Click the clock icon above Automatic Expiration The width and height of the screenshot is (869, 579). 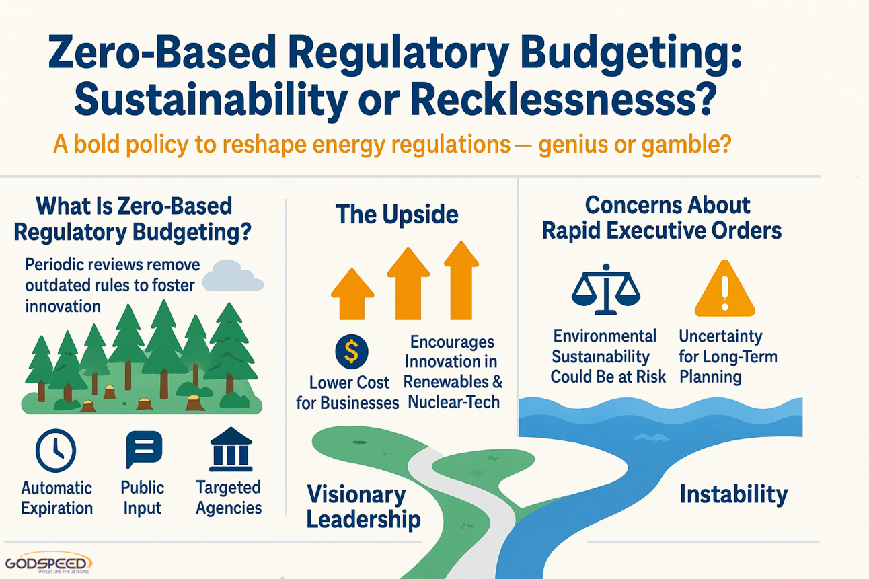click(x=56, y=451)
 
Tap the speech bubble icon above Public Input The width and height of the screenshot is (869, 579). click(x=144, y=449)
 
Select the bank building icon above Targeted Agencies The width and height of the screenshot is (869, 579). click(x=231, y=449)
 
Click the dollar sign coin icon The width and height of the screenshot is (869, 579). click(x=352, y=351)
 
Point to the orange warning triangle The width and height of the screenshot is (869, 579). click(x=724, y=289)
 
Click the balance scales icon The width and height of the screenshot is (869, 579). click(x=605, y=289)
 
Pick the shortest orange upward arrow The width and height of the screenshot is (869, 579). click(x=352, y=294)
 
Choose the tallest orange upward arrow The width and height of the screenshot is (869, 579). click(x=461, y=280)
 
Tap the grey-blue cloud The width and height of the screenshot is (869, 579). click(x=233, y=276)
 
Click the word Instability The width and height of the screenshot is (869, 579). click(x=734, y=495)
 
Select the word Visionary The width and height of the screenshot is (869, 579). click(x=356, y=495)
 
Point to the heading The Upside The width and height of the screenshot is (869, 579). click(x=397, y=215)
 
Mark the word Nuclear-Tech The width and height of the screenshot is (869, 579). click(x=453, y=402)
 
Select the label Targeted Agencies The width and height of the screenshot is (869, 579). click(x=229, y=498)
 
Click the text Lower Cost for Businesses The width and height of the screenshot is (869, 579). click(x=348, y=393)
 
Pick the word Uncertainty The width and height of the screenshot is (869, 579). click(x=720, y=336)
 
